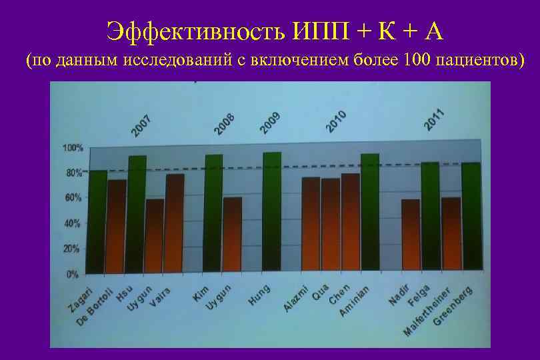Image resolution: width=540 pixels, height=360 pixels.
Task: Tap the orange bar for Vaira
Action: coord(175,223)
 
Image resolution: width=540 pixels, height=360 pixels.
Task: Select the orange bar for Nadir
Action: coord(411,236)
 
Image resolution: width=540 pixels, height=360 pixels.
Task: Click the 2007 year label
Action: coord(141,126)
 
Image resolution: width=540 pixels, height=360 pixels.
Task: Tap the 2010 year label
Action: coord(336,121)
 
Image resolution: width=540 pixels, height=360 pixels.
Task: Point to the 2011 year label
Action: coord(434,118)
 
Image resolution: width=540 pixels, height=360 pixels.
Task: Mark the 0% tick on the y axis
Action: coord(72,274)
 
